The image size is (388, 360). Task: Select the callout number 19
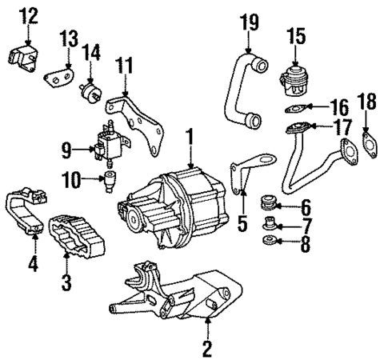(249, 22)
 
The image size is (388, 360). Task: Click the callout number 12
(28, 15)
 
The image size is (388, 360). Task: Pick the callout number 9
(66, 148)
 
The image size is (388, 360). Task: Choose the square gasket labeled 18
(370, 143)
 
